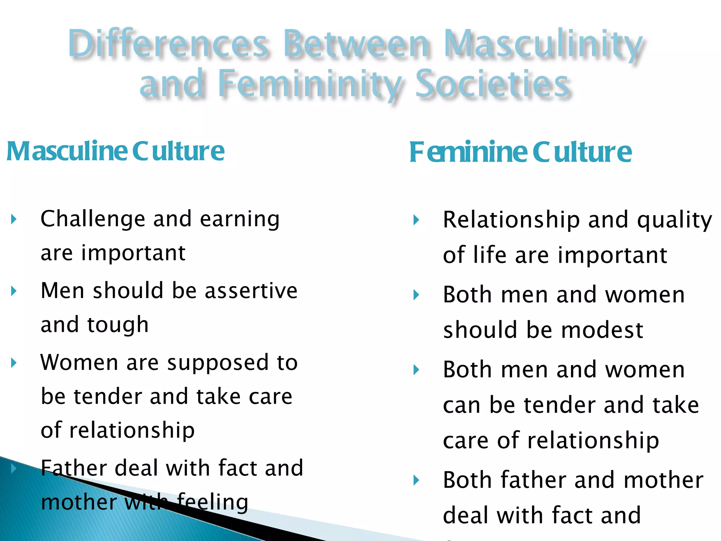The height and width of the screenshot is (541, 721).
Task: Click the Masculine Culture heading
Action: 115,151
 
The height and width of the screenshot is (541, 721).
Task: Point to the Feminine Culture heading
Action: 520,152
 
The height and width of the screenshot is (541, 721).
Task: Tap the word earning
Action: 240,219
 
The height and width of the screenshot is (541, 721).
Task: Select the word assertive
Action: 251,291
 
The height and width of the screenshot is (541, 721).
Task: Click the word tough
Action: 118,325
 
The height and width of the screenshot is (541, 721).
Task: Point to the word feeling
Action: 213,502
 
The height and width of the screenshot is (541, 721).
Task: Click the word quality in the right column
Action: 675,220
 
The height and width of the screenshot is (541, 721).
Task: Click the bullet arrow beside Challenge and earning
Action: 14,220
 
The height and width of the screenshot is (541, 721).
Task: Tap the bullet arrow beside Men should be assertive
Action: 14,291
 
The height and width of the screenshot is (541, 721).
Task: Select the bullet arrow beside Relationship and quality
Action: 416,220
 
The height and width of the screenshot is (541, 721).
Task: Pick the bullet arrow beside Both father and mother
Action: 416,480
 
